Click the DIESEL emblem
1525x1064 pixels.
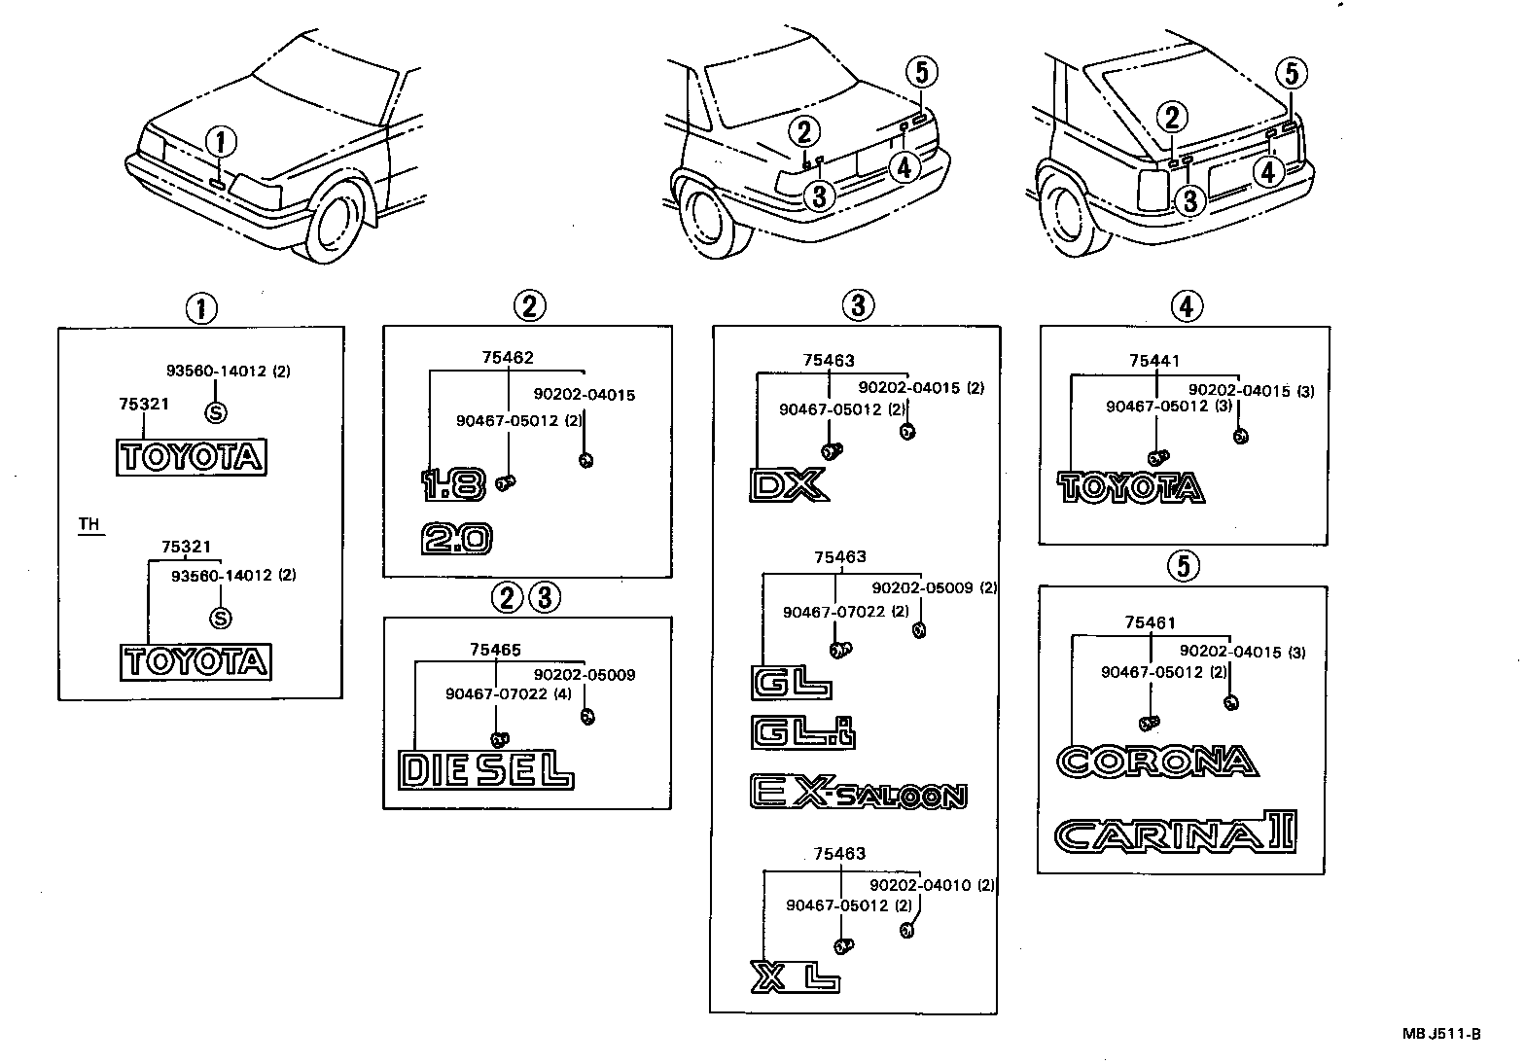coord(485,770)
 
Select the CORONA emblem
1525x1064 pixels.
coord(1156,761)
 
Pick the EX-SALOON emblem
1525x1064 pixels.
coord(858,794)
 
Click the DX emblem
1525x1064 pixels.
coord(787,484)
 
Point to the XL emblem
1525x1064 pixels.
coord(795,976)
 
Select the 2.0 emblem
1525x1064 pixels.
coord(456,539)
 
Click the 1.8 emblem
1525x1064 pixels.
coord(452,483)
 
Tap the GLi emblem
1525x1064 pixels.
coord(802,731)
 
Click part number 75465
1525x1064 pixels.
coord(494,650)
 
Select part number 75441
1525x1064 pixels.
coord(1153,361)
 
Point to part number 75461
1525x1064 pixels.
coord(1151,622)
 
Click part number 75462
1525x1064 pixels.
coord(507,358)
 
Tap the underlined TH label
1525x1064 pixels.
coord(89,524)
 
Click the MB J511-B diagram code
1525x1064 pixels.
coord(1440,1034)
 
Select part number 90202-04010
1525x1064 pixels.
coord(904,885)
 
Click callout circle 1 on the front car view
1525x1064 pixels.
coord(220,143)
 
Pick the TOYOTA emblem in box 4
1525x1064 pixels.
coord(1130,486)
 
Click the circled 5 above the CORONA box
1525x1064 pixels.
coord(1184,565)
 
